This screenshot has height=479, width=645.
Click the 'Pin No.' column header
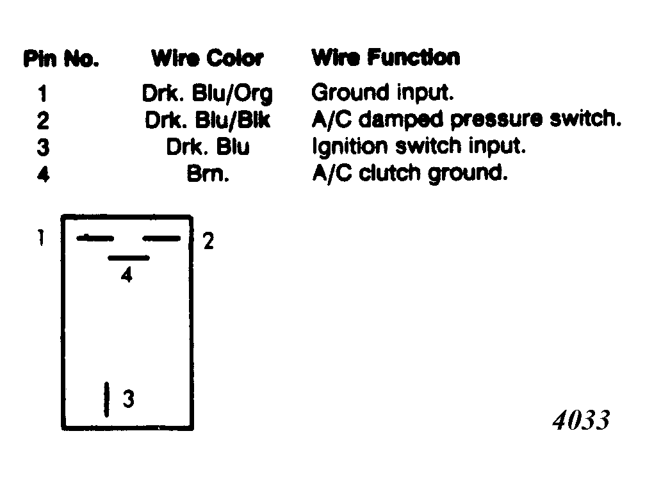coord(61,58)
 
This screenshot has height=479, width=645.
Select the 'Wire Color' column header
coord(208,58)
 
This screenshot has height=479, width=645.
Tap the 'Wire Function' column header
coord(386,57)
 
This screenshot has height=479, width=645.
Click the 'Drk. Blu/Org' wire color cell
coord(207,93)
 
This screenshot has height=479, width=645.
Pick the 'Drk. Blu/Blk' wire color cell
coord(208,120)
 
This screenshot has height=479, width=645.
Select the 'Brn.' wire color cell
coord(208,174)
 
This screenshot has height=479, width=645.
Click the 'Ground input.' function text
coord(382,92)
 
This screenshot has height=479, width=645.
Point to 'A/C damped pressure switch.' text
coord(466,119)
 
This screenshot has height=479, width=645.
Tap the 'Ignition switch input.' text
coord(419,147)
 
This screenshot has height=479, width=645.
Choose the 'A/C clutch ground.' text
coord(410,173)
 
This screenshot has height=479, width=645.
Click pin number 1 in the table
coord(42,93)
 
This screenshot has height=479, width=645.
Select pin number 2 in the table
coord(43,120)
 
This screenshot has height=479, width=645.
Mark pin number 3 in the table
coord(43,147)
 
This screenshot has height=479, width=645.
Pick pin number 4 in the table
coord(43,174)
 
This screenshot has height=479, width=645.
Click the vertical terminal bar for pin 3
coord(106,399)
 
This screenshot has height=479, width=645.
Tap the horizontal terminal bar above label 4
coord(129,258)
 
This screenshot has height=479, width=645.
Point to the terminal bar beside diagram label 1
coord(95,238)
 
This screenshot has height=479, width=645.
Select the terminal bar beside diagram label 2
coord(161,238)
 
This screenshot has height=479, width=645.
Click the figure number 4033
coord(581,420)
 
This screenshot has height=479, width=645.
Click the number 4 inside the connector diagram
coord(127,274)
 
